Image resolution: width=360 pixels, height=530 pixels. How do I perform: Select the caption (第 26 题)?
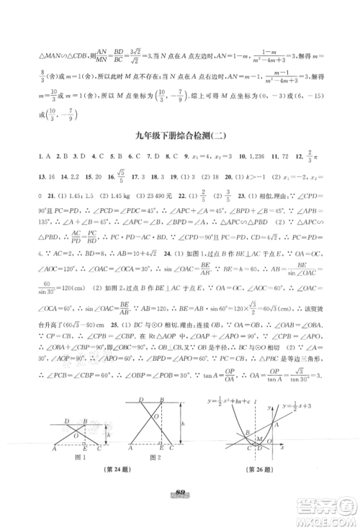pos(265,475)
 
